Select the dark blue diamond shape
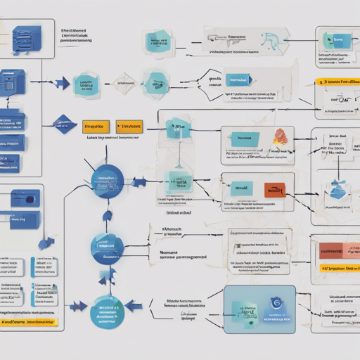pyautogui.click(x=65, y=123)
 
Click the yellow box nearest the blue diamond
pyautogui.click(x=96, y=127)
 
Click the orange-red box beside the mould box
pyautogui.click(x=274, y=189)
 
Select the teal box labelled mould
pyautogui.click(x=241, y=188)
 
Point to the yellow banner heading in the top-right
pyautogui.click(x=336, y=83)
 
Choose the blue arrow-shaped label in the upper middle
pyautogui.click(x=240, y=79)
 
